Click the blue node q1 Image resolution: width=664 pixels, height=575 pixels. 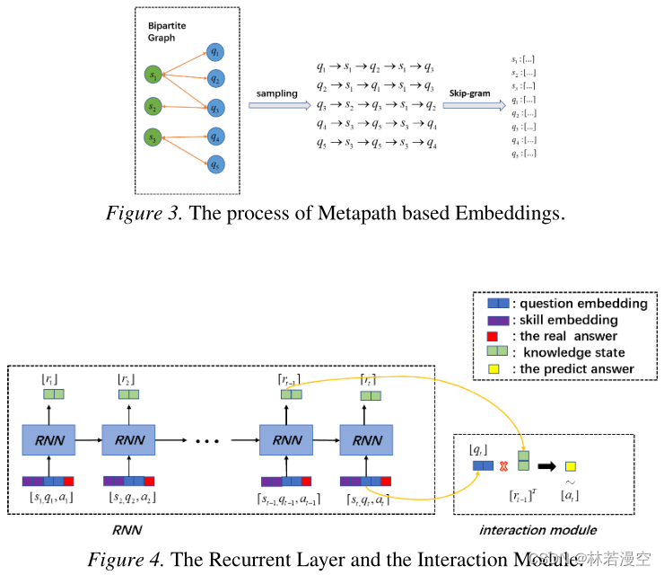[214, 52]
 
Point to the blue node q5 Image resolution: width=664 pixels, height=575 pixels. [214, 165]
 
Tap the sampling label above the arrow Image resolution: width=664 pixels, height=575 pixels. [276, 94]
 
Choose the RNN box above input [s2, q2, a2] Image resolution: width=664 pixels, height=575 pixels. [127, 440]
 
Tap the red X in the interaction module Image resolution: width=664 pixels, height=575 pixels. [503, 466]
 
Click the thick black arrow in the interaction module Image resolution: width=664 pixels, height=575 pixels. [546, 466]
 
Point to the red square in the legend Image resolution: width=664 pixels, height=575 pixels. [491, 336]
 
